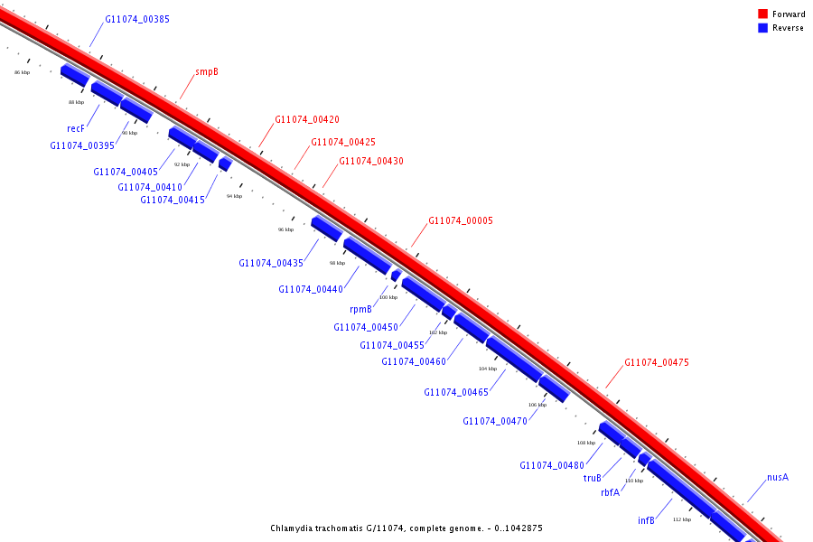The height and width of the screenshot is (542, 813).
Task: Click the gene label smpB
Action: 207,71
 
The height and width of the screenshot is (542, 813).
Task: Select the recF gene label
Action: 76,128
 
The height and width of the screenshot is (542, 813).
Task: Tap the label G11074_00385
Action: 137,19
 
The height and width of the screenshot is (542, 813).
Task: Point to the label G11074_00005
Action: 461,220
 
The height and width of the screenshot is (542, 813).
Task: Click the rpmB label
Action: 360,309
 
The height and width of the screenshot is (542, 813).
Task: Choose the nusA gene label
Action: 778,477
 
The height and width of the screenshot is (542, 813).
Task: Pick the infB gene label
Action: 646,520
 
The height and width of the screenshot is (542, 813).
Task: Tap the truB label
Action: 593,479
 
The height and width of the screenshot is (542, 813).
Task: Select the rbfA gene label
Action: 611,493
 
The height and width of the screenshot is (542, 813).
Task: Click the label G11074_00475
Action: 657,362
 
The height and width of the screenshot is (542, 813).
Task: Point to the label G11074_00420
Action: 307,119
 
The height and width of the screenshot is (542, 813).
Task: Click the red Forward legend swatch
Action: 762,14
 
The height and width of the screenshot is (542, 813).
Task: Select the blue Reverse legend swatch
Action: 762,28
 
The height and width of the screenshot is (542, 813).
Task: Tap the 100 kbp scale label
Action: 388,297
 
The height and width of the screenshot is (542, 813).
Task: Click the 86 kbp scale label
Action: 23,72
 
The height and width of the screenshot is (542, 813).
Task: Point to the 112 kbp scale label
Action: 682,519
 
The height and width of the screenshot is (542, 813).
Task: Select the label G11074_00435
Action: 271,263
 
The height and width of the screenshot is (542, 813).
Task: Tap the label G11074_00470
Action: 495,421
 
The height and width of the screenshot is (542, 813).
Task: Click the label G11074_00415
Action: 173,200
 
